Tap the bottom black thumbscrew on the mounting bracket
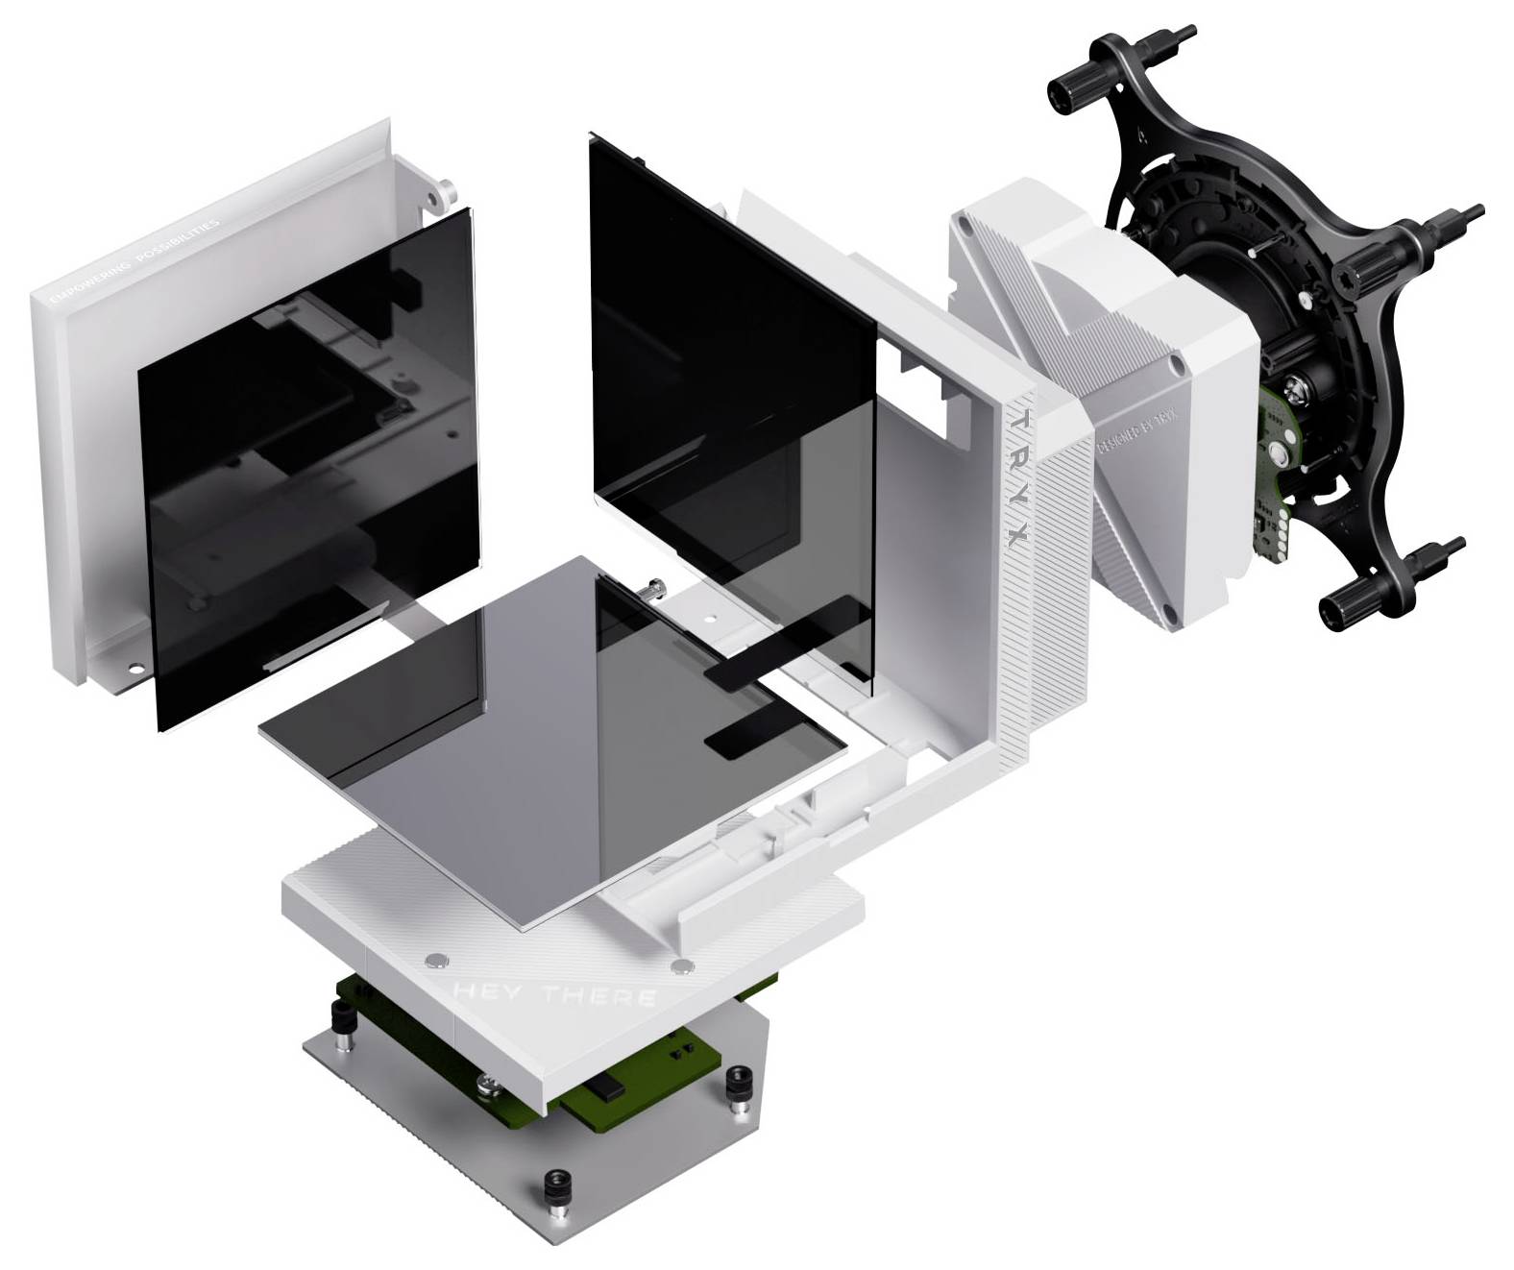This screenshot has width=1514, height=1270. coord(1343,605)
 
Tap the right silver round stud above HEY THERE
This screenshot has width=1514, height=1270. coord(683,964)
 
